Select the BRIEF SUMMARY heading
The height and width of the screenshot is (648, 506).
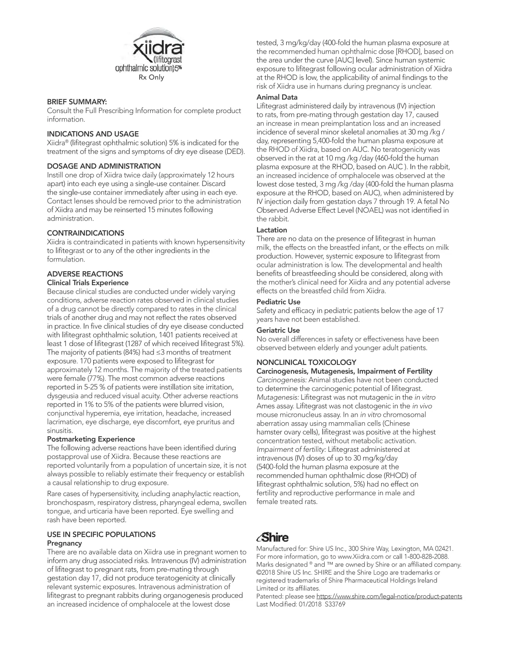tap(77, 102)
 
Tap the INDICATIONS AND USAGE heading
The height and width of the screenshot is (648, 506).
tap(93, 134)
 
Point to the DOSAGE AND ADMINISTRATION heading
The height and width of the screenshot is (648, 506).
tap(104, 166)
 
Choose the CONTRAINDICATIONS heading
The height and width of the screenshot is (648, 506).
tap(86, 233)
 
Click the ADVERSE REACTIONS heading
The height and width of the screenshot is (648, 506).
tap(85, 274)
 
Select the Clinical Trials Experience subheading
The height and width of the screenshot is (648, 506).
tap(88, 283)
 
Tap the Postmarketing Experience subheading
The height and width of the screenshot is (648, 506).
tap(91, 439)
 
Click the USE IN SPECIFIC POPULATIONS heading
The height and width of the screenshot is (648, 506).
tap(101, 535)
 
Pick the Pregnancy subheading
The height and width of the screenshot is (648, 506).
tap(65, 543)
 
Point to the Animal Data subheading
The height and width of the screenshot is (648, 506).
tap(277, 97)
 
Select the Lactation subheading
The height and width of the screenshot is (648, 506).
tap(272, 230)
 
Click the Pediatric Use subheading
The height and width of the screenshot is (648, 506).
tap(278, 302)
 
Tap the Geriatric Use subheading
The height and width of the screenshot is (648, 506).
tap(278, 330)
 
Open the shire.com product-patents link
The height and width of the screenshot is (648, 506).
tap(389, 597)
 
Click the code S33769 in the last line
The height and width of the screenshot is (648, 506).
tap(335, 605)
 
